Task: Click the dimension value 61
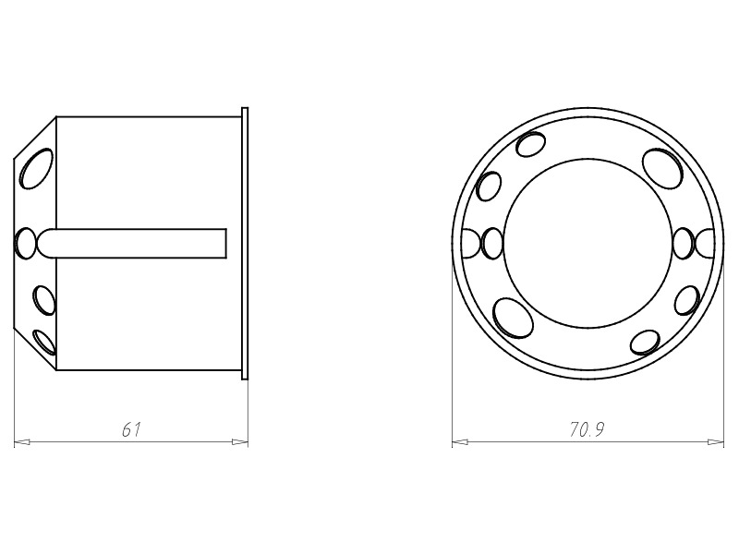coord(131,429)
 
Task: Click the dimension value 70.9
coord(587,429)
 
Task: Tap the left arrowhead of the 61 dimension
coord(22,442)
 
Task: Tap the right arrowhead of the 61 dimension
coord(240,442)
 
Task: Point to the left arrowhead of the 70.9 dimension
coord(460,442)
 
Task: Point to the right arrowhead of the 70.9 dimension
coord(716,442)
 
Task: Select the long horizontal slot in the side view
coord(132,243)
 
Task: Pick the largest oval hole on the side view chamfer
coord(36,169)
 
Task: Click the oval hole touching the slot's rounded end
coord(26,243)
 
